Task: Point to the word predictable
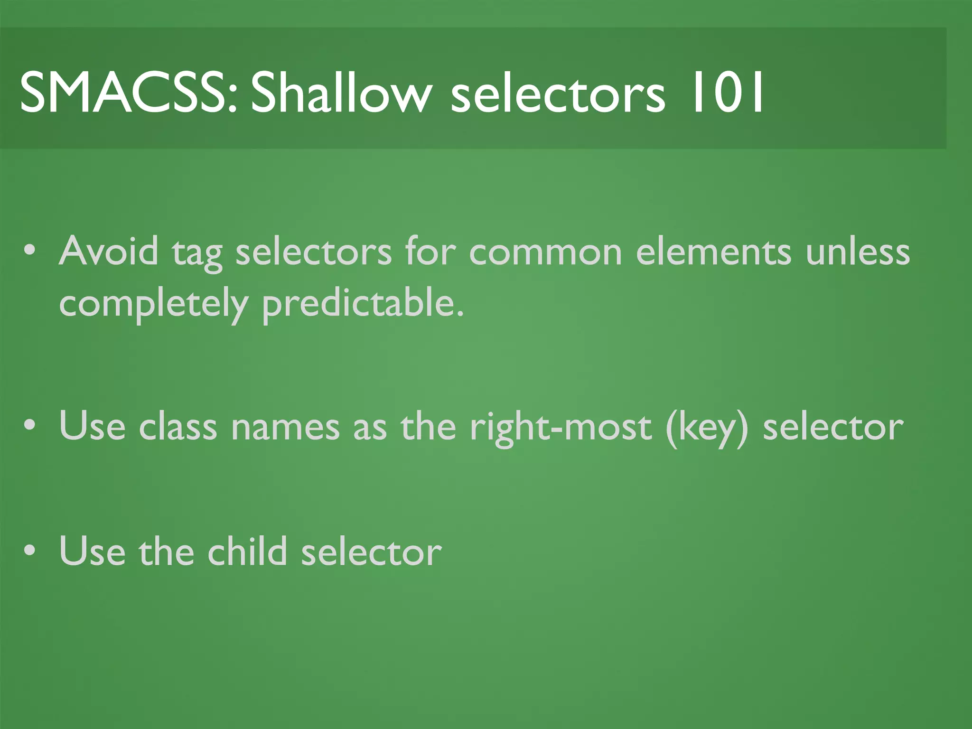pos(363,304)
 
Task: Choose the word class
pos(178,426)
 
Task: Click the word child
pos(247,551)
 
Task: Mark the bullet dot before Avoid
pos(30,251)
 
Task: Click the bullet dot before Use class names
pos(30,426)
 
